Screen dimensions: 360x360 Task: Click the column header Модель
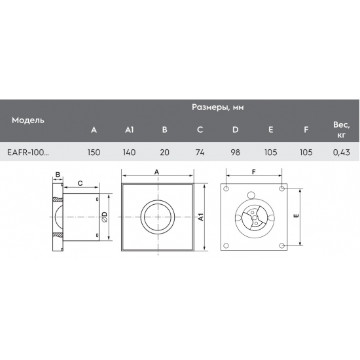(27, 120)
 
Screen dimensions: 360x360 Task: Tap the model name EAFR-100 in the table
(27, 152)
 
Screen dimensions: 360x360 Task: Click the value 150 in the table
(94, 152)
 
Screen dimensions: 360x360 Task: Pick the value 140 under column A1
(129, 152)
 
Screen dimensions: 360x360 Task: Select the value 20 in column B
(165, 152)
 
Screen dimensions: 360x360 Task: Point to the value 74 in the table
(200, 152)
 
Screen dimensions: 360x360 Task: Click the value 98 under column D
(236, 152)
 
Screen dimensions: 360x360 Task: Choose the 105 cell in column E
(271, 152)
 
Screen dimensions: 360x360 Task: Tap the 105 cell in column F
(306, 152)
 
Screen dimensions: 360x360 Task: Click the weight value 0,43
(340, 152)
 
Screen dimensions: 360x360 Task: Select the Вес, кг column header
(340, 130)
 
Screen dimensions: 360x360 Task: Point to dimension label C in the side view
(79, 183)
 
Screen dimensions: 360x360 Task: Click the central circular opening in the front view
(157, 217)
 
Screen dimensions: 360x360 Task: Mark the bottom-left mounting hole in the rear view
(226, 246)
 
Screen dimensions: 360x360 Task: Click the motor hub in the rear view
(252, 219)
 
